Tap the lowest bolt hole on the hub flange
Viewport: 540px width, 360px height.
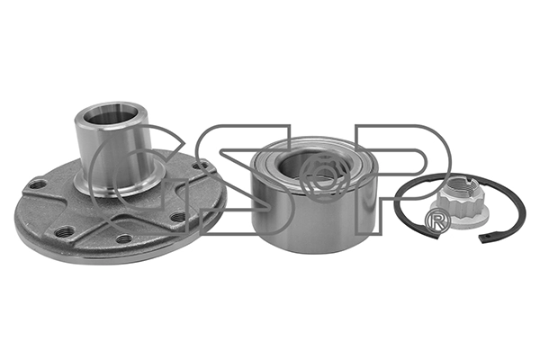click(125, 238)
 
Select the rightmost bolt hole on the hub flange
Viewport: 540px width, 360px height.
click(199, 166)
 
